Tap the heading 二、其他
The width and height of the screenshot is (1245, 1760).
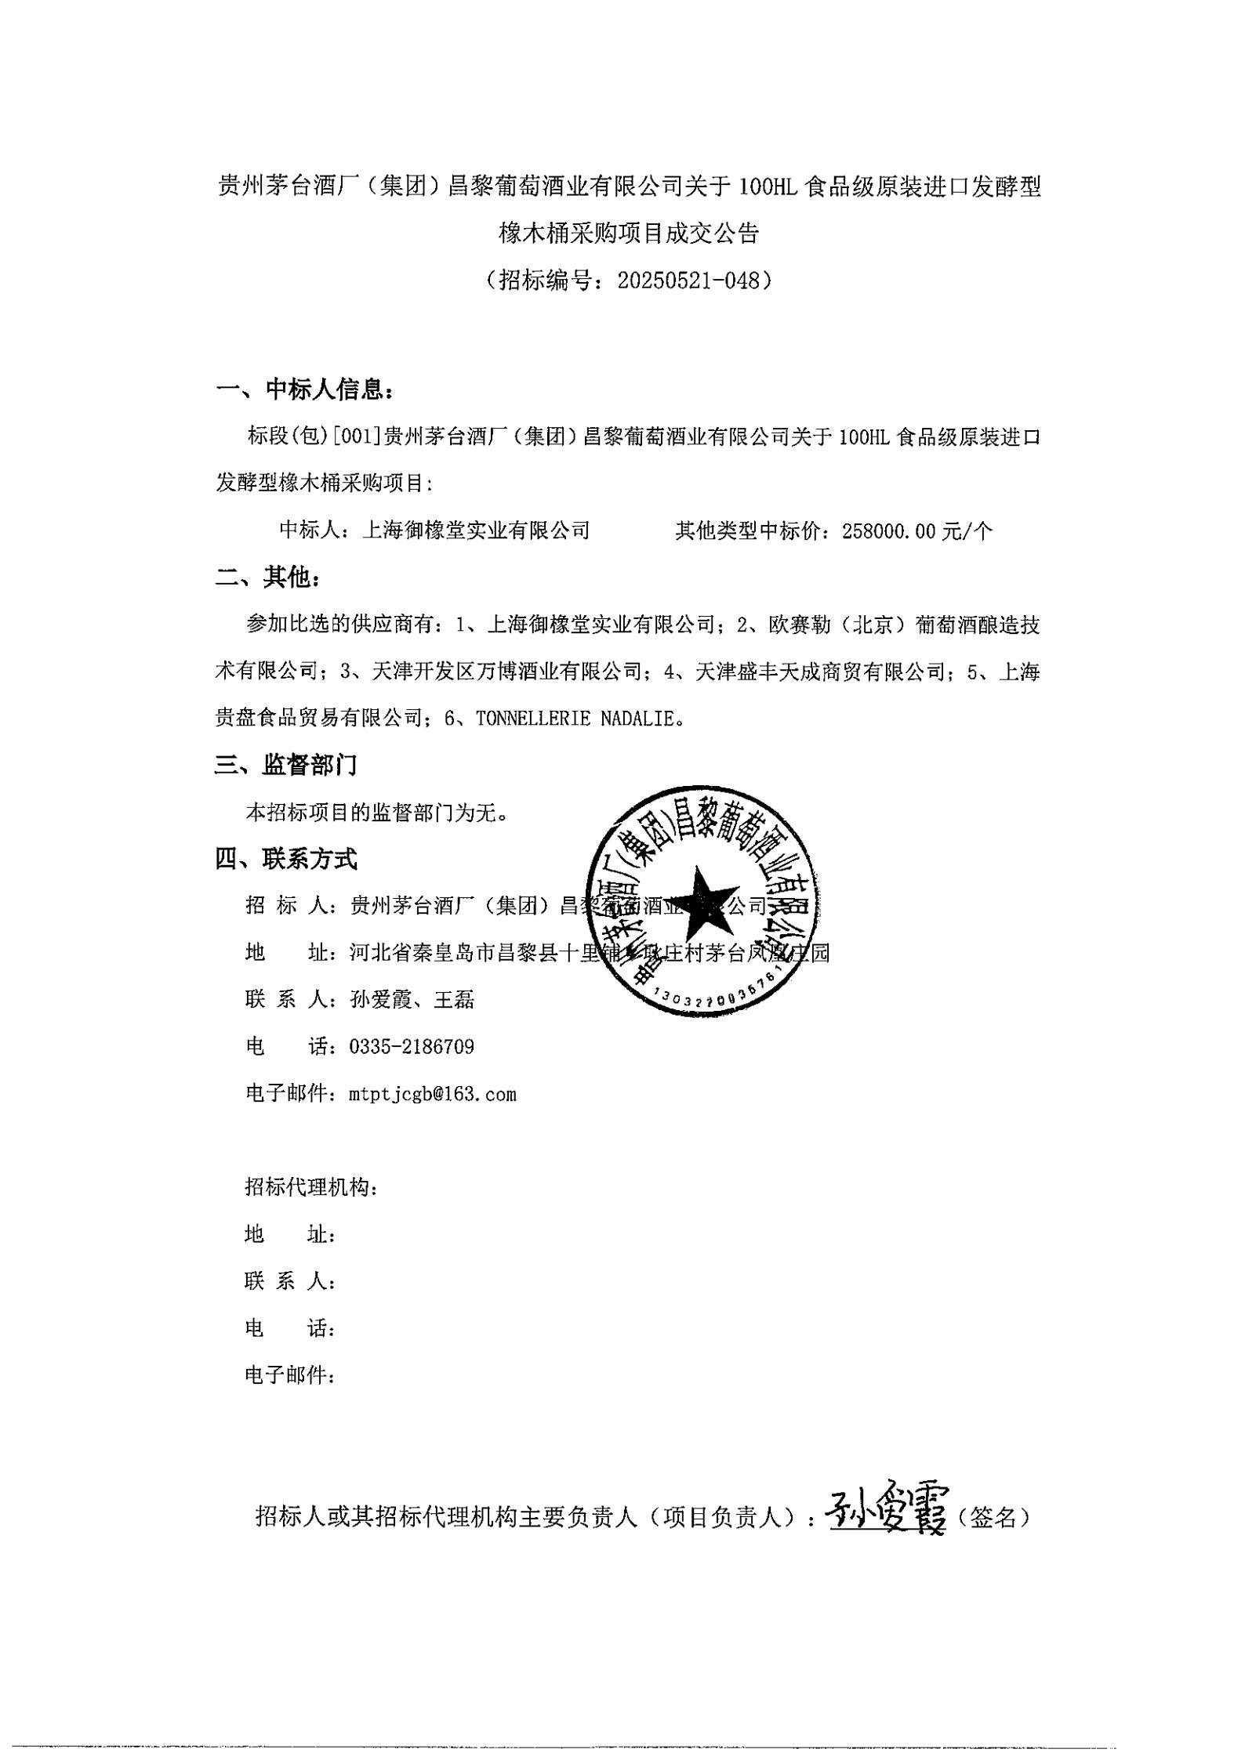point(268,578)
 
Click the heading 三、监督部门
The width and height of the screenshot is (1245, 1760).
point(286,765)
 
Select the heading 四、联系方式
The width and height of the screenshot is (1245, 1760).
point(286,860)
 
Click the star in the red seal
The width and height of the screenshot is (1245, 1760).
point(702,900)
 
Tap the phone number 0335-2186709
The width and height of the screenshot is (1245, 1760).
point(412,1047)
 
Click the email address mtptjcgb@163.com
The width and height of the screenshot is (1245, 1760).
point(433,1094)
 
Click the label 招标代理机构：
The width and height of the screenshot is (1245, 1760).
point(312,1188)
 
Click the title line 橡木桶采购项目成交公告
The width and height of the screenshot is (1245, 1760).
point(629,234)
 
